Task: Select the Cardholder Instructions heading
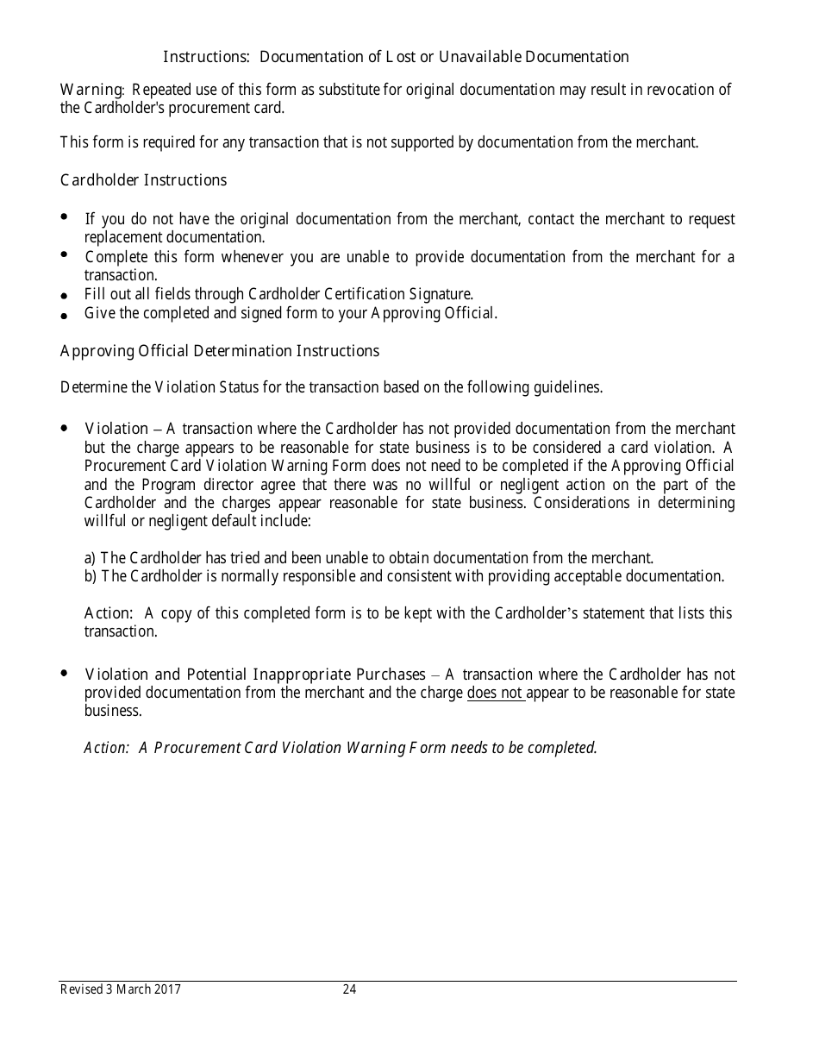143,179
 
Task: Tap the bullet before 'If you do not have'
65,217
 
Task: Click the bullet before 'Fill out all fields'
65,296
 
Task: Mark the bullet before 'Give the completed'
65,316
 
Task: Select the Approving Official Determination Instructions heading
219,351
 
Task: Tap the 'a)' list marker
91,558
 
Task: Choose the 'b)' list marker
91,576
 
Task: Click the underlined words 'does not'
496,693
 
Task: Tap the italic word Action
105,748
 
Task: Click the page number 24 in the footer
349,990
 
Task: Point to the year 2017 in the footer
167,990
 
